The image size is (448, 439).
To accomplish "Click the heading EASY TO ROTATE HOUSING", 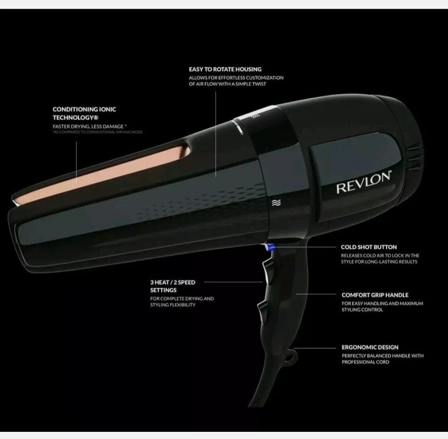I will (x=225, y=69).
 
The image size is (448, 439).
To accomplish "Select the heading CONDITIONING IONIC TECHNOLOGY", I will (x=84, y=113).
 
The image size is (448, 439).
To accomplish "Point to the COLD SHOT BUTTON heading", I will (x=369, y=247).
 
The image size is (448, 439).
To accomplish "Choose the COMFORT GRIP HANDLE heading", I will (x=375, y=295).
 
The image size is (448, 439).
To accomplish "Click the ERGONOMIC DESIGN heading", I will (x=370, y=347).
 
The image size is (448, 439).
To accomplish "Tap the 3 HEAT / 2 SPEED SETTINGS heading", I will (x=172, y=286).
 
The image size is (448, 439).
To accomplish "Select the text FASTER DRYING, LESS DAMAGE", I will (x=90, y=126).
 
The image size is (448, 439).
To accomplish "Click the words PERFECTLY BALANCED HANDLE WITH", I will (x=382, y=356).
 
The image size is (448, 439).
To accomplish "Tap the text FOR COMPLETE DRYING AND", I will (x=182, y=298).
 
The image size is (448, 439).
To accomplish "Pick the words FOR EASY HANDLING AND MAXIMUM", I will (x=382, y=304).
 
